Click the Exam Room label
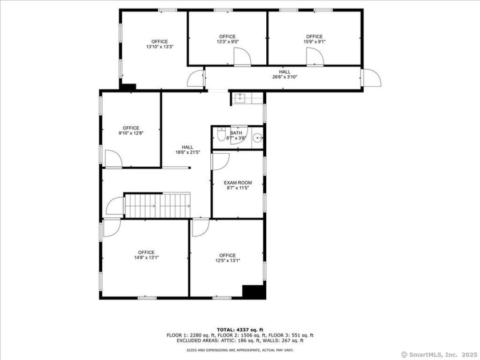coord(238,183)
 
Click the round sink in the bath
coord(258,137)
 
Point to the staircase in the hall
coord(157,205)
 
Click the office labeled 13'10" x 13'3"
coord(159,44)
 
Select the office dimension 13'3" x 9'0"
coord(227,42)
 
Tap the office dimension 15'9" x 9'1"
coord(314,42)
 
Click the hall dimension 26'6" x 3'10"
coord(285,77)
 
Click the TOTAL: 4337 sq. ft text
coord(240,330)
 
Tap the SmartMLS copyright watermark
coord(439,354)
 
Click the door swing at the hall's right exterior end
coord(370,78)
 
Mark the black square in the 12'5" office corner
coord(254,290)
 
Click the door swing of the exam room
coord(219,161)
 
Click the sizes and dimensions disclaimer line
coord(240,350)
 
